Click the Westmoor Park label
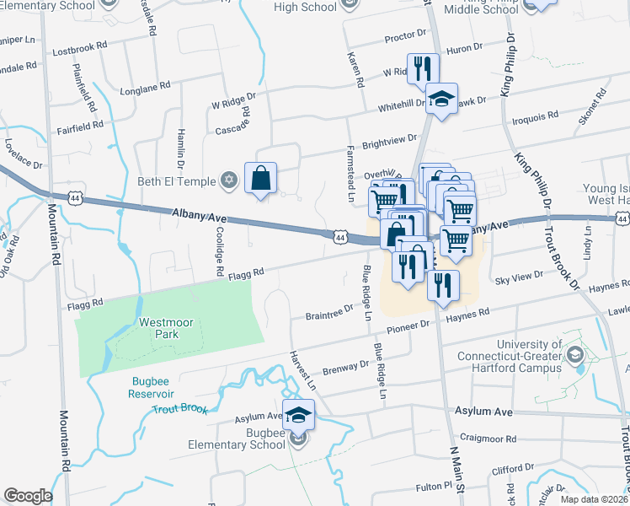159,328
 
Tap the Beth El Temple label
178,181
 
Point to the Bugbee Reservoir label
152,387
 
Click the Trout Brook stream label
179,409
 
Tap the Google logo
28,496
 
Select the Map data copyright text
595,499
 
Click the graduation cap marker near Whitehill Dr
440,100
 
